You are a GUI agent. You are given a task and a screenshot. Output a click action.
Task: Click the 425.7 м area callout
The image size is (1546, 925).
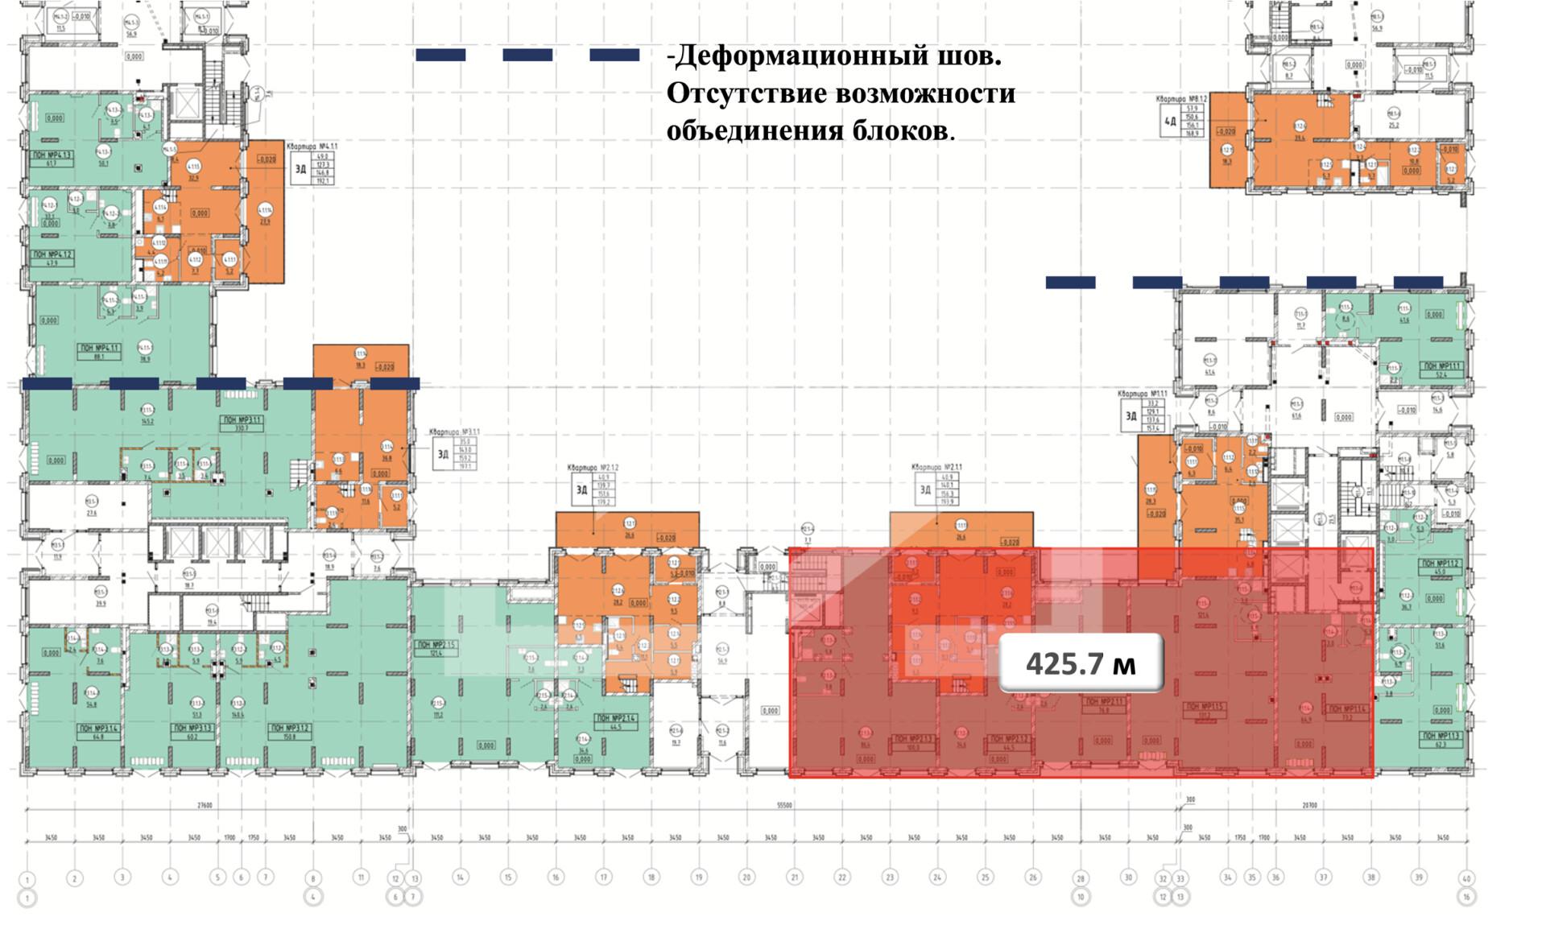coord(1081,663)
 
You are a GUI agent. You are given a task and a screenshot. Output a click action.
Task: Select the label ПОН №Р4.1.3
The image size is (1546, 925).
coord(52,155)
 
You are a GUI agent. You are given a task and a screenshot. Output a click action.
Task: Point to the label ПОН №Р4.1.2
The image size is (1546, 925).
coord(52,254)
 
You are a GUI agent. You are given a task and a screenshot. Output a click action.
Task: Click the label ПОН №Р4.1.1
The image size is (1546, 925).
coord(98,349)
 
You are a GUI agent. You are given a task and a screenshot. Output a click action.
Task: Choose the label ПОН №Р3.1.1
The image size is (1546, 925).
coord(242,420)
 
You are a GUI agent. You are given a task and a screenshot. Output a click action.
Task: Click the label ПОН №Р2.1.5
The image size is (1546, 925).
coord(436,644)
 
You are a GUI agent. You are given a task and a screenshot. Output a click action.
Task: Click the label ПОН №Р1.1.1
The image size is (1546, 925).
coord(1442,366)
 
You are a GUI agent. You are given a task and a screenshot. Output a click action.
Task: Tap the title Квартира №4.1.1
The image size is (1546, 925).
coord(312,147)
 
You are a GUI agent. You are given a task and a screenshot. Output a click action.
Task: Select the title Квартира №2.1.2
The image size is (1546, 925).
coord(593,468)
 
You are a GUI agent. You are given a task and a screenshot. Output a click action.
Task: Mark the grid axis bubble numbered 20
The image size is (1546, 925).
coord(746,878)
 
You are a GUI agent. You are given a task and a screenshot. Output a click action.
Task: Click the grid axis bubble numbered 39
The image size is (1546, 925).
coord(1419,878)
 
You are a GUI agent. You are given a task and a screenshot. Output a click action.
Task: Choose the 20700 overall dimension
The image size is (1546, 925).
coord(1309,805)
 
